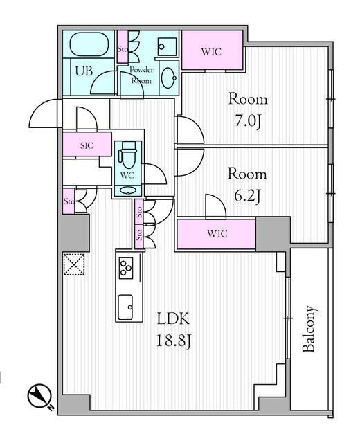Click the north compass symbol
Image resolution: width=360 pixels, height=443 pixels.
tap(39, 396)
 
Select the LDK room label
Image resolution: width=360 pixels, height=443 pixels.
tap(173, 320)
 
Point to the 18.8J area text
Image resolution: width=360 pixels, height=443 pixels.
tap(174, 341)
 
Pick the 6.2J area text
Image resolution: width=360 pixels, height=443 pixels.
tap(247, 196)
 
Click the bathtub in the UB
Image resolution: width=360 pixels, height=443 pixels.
tap(88, 44)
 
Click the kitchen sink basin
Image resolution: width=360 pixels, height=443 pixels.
tap(125, 307)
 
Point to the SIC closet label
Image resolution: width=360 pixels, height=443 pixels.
tap(87, 145)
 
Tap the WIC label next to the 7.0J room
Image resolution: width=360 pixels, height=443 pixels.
tap(211, 52)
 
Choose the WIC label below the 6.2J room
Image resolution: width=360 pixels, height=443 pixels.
tap(217, 234)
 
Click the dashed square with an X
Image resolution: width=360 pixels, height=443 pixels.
tap(74, 264)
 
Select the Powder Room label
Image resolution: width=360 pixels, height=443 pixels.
tap(141, 75)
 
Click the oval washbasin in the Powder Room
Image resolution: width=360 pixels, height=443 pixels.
tap(169, 78)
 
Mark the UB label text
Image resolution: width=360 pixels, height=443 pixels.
tap(84, 71)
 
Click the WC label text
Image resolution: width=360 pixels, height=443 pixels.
tap(127, 175)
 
